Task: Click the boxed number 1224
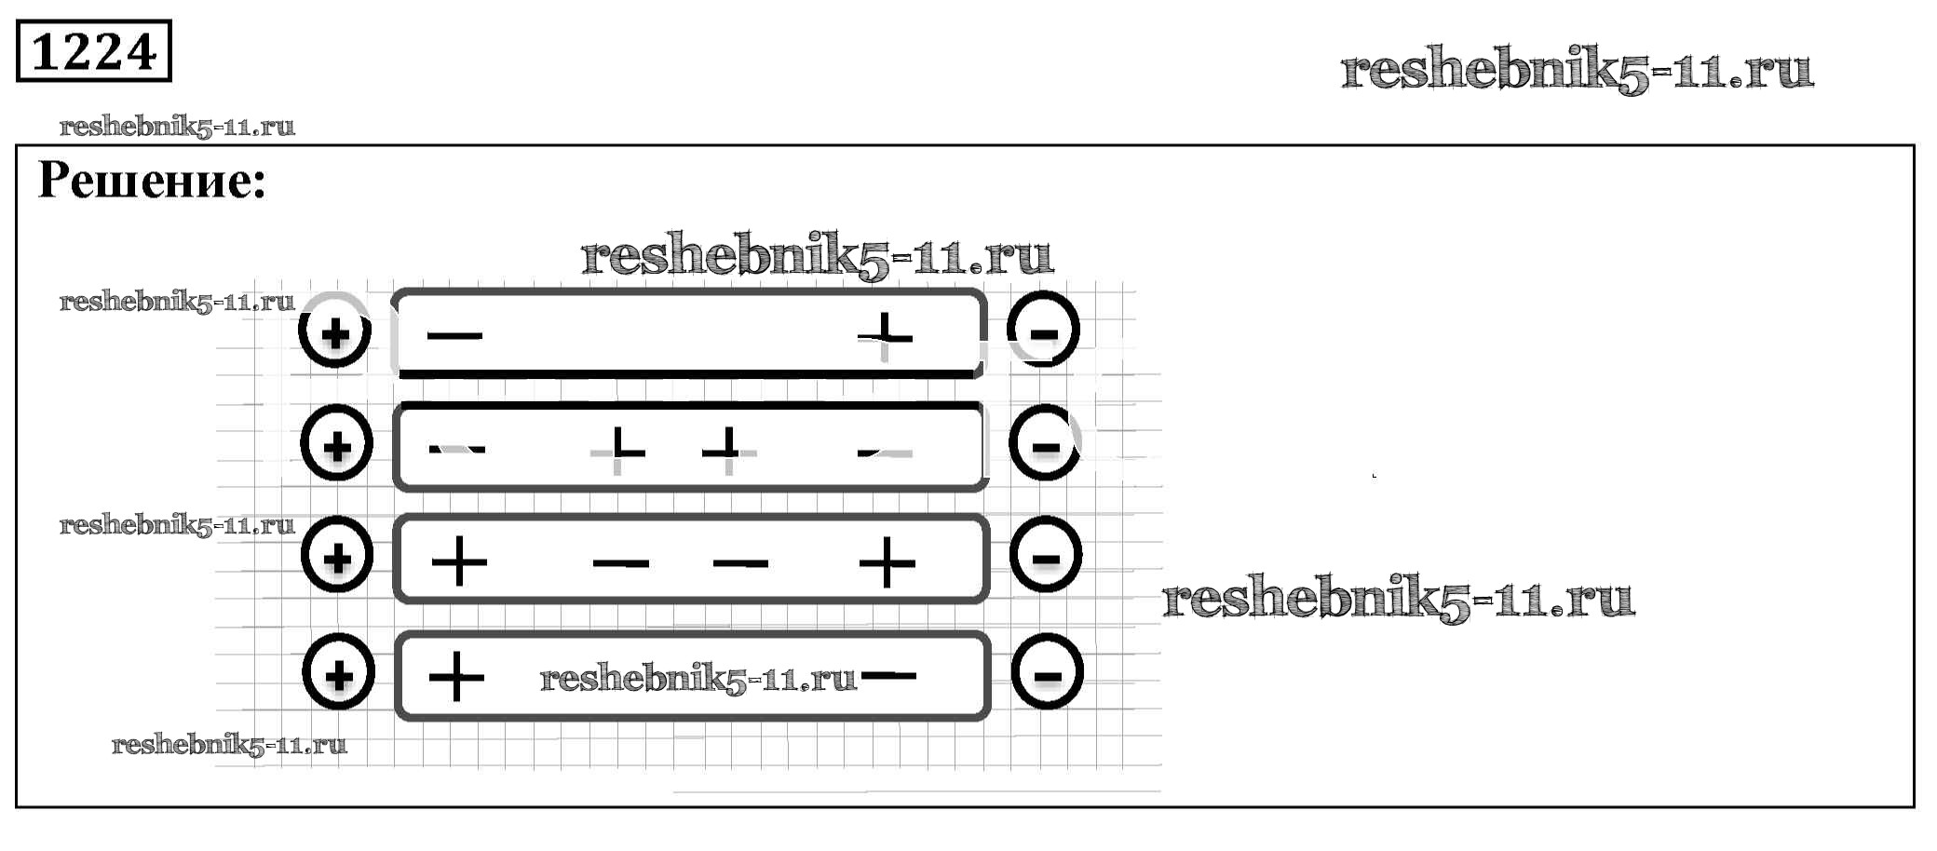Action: tap(94, 51)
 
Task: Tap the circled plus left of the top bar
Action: tap(335, 331)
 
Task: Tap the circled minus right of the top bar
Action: tap(1043, 331)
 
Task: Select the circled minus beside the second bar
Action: tap(1045, 444)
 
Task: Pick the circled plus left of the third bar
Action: tap(337, 557)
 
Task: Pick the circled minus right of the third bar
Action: tap(1046, 557)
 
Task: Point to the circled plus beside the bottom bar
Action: tap(339, 672)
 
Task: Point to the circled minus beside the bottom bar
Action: tap(1047, 672)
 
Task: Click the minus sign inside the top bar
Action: tap(454, 335)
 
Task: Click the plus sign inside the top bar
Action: tap(885, 335)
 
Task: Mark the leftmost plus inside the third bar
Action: tap(460, 561)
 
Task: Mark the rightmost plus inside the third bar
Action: tap(887, 562)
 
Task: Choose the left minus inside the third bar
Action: tap(621, 562)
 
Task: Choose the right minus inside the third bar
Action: tap(740, 562)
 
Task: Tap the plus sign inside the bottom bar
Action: tap(456, 676)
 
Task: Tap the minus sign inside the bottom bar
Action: tap(890, 676)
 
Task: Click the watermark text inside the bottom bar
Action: tap(698, 679)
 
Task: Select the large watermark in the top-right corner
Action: tap(1577, 70)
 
